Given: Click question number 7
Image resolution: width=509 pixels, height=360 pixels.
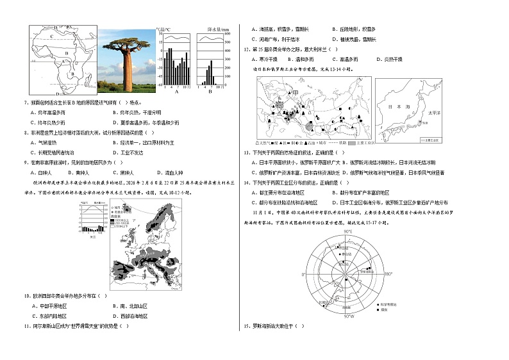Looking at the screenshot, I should pos(25,102).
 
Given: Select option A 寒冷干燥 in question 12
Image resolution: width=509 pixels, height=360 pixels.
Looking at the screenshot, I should pos(269,58).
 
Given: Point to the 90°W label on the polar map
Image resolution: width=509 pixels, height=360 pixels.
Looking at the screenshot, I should pos(349,316).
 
